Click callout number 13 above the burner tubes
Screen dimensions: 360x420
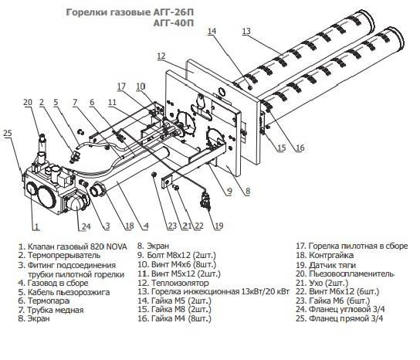click(x=246, y=31)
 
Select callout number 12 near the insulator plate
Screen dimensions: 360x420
click(x=161, y=56)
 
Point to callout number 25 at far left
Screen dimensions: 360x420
click(x=8, y=134)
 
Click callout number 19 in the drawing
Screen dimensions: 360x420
click(x=219, y=226)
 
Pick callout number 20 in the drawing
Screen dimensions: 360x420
click(x=27, y=102)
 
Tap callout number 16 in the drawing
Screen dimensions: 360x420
click(x=300, y=148)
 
